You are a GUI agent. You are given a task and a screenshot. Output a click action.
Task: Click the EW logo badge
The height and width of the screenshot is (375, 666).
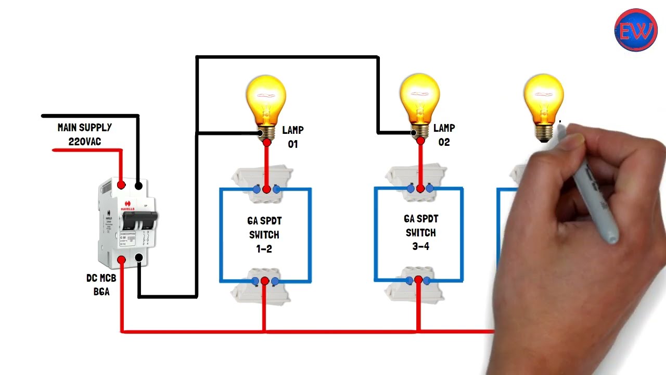(x=636, y=30)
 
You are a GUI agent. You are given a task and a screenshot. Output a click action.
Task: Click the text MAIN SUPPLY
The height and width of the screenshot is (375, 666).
(x=84, y=128)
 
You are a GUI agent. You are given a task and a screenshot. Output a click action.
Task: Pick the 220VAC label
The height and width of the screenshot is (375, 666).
(x=84, y=141)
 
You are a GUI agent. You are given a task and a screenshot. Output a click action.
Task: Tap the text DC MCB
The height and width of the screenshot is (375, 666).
(x=101, y=278)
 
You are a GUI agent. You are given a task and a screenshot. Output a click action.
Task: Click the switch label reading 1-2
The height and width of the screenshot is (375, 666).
(x=264, y=249)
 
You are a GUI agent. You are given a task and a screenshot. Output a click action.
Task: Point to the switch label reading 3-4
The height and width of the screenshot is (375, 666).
(x=420, y=246)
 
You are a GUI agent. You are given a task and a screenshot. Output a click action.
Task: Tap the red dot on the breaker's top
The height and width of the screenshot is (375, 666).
(x=121, y=185)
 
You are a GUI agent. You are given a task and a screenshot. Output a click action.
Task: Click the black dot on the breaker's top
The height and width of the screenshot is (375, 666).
(x=138, y=185)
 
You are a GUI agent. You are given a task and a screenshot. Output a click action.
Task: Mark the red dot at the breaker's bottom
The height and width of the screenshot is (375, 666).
(x=121, y=259)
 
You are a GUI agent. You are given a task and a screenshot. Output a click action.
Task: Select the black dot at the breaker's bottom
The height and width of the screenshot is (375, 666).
(x=139, y=257)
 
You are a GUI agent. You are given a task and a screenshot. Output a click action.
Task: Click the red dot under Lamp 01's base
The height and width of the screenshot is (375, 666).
(x=267, y=142)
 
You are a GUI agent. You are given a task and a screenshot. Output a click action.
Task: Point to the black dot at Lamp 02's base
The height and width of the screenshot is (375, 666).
(x=414, y=133)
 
